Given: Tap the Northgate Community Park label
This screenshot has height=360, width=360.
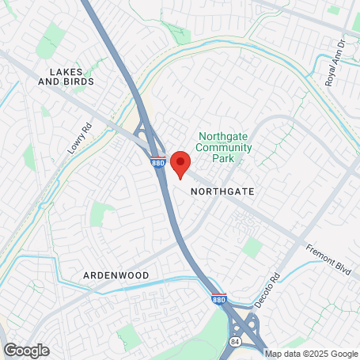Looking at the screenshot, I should (x=225, y=146).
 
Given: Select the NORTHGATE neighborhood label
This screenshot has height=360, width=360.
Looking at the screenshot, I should (x=222, y=191).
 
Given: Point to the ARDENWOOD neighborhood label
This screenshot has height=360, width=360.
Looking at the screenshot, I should (x=116, y=275).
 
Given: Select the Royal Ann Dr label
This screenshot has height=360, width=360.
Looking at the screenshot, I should (x=335, y=63).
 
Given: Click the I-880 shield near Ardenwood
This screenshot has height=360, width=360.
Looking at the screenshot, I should (x=218, y=300).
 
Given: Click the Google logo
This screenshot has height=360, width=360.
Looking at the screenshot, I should (x=26, y=350).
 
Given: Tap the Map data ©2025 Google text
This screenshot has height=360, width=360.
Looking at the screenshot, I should (x=311, y=354).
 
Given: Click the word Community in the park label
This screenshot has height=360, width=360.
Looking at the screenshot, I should (x=225, y=146).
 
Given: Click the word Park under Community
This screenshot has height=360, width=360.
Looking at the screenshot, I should (x=225, y=157).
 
